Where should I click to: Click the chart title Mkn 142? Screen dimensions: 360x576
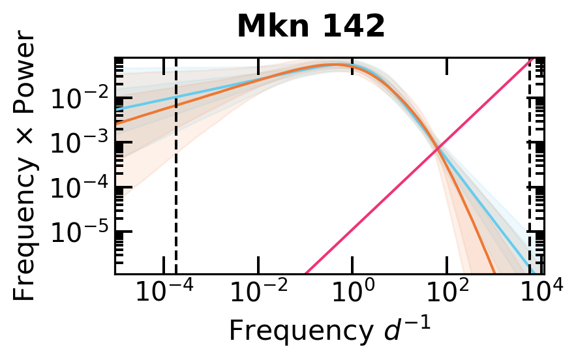pyautogui.click(x=311, y=27)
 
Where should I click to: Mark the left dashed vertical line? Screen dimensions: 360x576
pyautogui.click(x=176, y=196)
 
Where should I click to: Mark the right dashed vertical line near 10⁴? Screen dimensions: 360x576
pyautogui.click(x=529, y=196)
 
